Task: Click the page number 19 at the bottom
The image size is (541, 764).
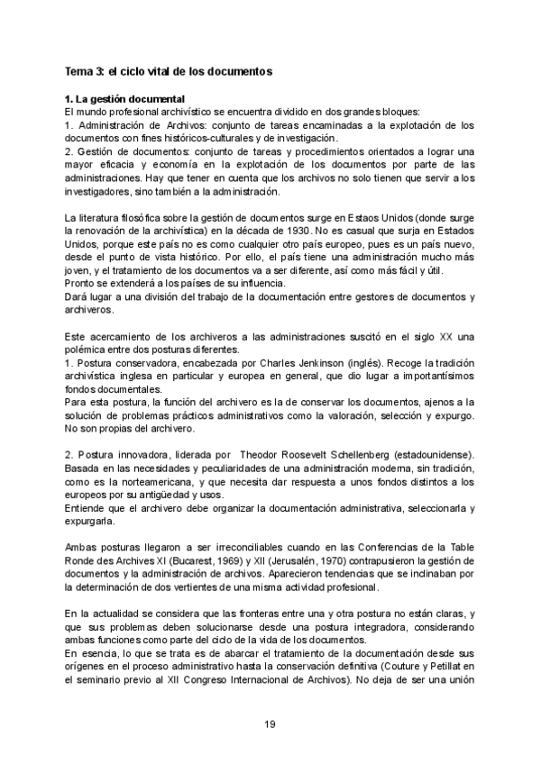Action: click(x=269, y=724)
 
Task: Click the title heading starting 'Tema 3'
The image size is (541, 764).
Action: click(x=169, y=69)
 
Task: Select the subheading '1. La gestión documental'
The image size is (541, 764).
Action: click(x=125, y=98)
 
